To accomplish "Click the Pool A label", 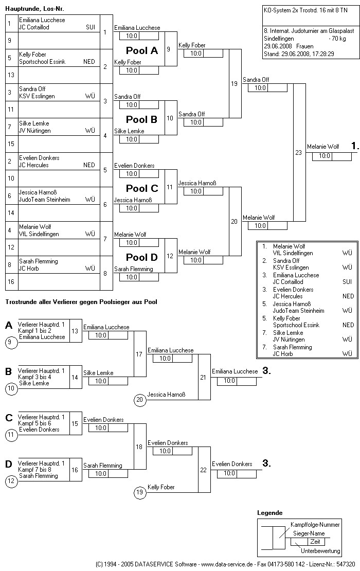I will coord(142,50).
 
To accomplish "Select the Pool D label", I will coord(142,257).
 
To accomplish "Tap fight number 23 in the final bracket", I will coord(299,152).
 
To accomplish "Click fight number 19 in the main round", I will coord(235,83).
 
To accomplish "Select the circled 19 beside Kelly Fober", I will coord(139,492).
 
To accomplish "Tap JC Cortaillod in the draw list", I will coord(34,27).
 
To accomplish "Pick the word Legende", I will coord(269,513).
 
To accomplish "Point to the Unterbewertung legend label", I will coord(320,551).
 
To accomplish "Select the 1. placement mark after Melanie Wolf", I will coord(354,146).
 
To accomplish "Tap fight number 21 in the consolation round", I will coord(203,377).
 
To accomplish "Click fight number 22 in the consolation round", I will coord(203,470).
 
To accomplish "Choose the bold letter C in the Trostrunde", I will coord(9,418).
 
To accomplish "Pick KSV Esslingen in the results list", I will coord(291,267).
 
